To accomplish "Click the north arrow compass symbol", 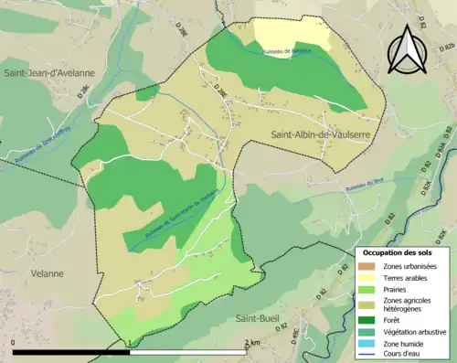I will [x=406, y=48].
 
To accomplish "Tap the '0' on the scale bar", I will [x=14, y=342].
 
